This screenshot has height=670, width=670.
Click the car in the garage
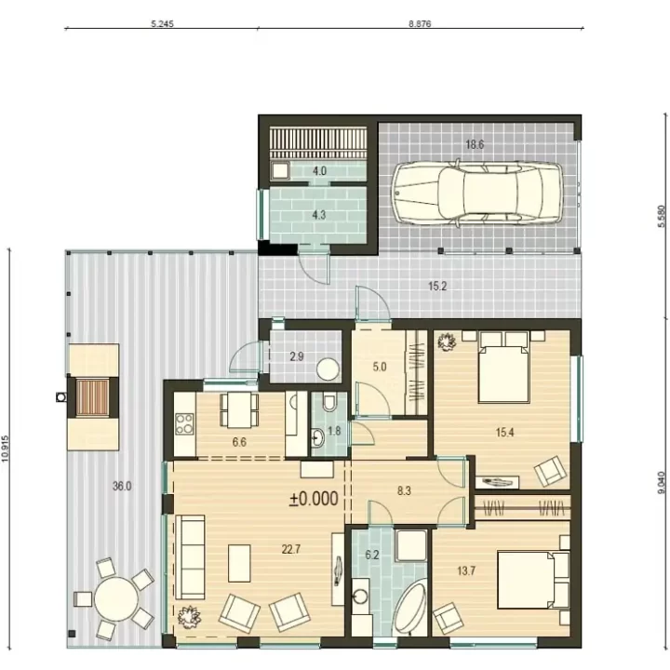pos(477,194)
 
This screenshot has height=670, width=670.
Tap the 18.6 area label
pos(475,145)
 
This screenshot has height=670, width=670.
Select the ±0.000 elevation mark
pos(315,499)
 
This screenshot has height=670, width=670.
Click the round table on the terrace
pos(116,599)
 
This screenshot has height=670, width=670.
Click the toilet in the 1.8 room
pos(329,402)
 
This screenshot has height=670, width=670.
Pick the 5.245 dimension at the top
pos(162,24)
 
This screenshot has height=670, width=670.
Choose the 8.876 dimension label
pos(420,24)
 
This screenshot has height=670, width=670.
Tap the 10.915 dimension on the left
pos(6,449)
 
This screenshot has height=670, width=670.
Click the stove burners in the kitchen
pos(185,423)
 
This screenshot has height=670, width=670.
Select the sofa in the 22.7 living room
pos(190,556)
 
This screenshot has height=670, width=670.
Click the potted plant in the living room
pos(189,617)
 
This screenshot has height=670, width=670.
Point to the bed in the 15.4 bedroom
pos(504,368)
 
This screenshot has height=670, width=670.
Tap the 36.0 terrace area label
pos(122,487)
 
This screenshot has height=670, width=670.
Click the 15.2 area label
pos(437,287)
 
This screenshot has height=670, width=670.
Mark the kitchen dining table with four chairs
pos(239,409)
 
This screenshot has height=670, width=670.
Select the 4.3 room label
pos(319,215)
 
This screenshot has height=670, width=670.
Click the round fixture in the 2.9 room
pos(328,368)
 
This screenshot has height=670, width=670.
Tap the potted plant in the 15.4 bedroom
pos(447,342)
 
